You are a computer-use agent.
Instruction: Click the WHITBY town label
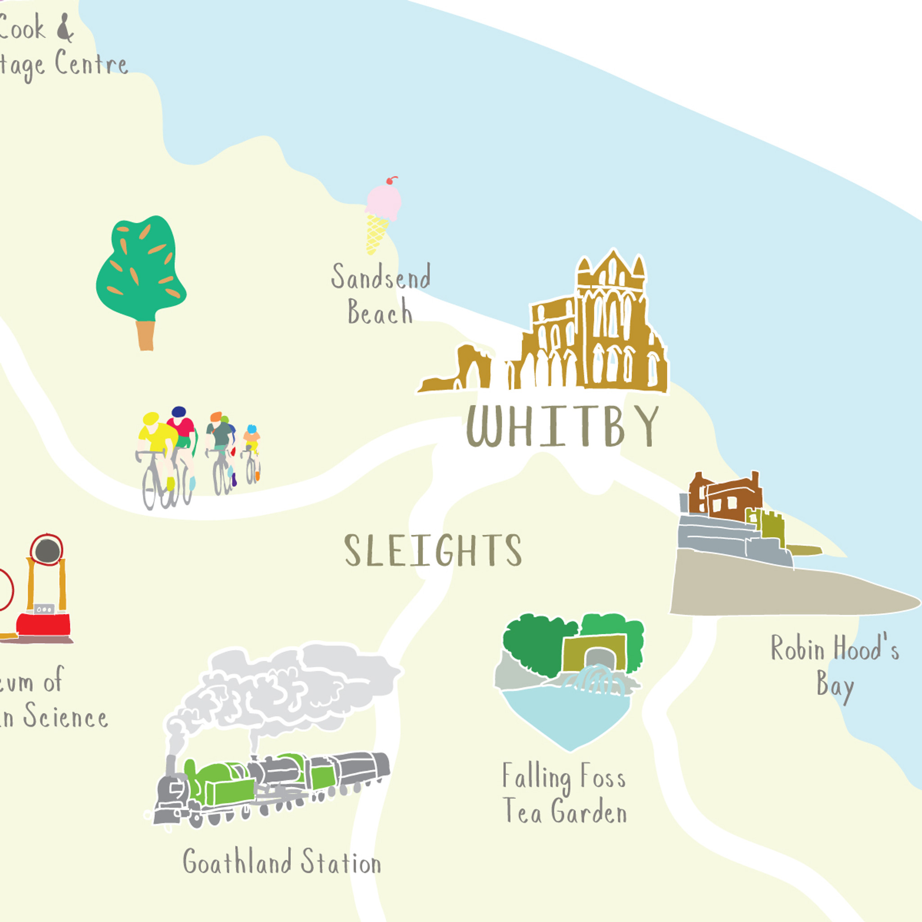562,426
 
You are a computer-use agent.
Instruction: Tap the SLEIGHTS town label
433,550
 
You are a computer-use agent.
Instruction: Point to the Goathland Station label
281,861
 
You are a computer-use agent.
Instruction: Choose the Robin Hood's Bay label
835,666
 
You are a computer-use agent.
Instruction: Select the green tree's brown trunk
145,335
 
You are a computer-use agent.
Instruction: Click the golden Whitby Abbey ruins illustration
597,334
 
